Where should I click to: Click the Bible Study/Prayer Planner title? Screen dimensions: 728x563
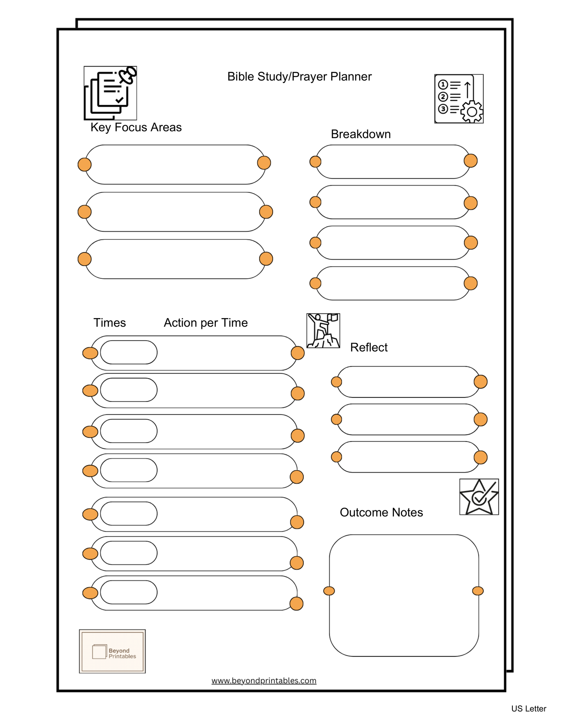click(x=299, y=76)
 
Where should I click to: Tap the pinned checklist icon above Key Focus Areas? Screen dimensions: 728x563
click(x=110, y=93)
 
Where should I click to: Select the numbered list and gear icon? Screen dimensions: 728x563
click(x=459, y=99)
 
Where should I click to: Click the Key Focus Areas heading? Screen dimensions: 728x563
click(x=136, y=127)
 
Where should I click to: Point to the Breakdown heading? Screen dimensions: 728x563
click(x=360, y=134)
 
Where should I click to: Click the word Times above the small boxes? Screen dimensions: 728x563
click(x=109, y=323)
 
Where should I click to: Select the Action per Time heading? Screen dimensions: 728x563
click(x=206, y=323)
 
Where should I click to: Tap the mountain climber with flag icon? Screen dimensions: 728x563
click(x=323, y=331)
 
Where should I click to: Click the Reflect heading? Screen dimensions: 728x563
click(x=369, y=347)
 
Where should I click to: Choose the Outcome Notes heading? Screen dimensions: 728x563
click(x=381, y=512)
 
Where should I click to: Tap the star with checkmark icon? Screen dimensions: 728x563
click(x=479, y=497)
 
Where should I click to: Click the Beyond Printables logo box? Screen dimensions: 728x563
click(x=112, y=651)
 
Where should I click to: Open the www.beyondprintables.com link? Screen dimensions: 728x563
click(x=264, y=681)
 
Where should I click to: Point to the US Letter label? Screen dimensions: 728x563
click(x=528, y=709)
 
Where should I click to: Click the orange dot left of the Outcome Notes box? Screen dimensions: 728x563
click(x=329, y=591)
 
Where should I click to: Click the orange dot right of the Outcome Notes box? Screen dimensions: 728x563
click(x=478, y=591)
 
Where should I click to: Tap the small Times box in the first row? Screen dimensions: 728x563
click(x=129, y=352)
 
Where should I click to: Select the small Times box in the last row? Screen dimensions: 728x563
click(x=129, y=592)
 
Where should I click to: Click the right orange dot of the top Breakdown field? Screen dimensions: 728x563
click(x=471, y=160)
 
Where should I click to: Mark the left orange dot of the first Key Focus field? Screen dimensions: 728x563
click(x=85, y=165)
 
